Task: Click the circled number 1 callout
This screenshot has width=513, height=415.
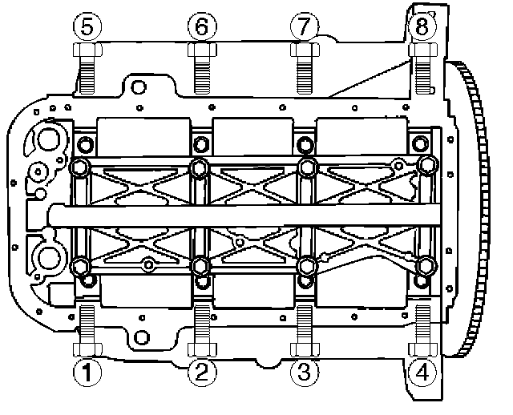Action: [87, 373]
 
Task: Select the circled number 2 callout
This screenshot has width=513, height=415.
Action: [202, 373]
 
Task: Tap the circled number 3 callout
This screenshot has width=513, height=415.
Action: [305, 373]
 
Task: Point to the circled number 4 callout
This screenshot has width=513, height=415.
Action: [423, 373]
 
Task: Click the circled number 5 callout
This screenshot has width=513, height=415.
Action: [87, 26]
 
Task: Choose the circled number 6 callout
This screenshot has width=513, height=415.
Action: [202, 26]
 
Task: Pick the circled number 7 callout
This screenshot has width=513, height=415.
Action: [305, 26]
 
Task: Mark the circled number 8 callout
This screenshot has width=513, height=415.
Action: [423, 26]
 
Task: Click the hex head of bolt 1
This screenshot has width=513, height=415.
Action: [87, 349]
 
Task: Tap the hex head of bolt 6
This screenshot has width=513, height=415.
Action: [202, 50]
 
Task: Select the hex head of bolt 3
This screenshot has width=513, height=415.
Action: [305, 349]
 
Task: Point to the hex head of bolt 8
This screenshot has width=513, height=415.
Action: [423, 50]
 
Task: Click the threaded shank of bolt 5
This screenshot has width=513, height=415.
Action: [87, 75]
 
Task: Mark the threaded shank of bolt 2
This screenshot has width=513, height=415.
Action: [202, 324]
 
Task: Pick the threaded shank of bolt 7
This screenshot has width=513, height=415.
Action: [305, 75]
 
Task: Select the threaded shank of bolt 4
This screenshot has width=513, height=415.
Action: [423, 324]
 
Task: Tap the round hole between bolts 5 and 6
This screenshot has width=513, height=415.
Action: [139, 87]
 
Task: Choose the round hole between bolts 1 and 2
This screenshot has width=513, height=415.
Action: [142, 337]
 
